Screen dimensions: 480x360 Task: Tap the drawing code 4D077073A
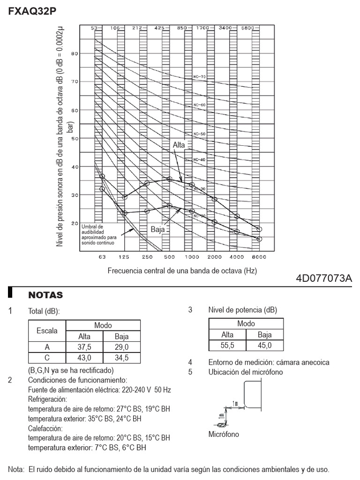[x=323, y=278]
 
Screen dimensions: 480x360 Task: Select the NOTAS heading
[x=45, y=295]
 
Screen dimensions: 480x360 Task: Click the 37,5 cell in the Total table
[x=84, y=347]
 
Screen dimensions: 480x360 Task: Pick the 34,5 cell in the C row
[x=121, y=358]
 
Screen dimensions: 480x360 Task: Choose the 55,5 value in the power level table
[x=227, y=345]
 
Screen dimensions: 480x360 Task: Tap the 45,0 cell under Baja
[x=264, y=345]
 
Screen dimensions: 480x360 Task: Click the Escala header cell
[x=47, y=330]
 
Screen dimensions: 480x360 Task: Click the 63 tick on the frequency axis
[x=102, y=258]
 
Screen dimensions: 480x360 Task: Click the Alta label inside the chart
[x=179, y=145]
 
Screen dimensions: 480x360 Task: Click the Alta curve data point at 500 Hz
[x=169, y=179]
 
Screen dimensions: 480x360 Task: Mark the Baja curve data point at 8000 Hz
[x=259, y=239]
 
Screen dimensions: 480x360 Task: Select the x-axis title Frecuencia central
[x=182, y=271]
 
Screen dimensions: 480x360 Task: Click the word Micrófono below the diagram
[x=224, y=434]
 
